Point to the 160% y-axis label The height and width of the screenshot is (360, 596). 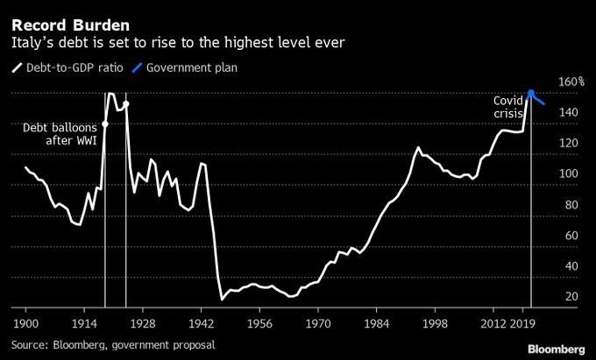(x=571, y=82)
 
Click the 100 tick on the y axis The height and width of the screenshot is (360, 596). (x=571, y=174)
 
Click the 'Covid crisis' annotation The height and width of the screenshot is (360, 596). (x=508, y=108)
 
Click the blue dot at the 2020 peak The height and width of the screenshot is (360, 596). (x=531, y=93)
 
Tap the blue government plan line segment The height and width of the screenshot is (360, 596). (x=539, y=99)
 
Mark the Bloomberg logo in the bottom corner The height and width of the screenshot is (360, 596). (x=556, y=348)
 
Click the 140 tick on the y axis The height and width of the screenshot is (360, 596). (x=571, y=113)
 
